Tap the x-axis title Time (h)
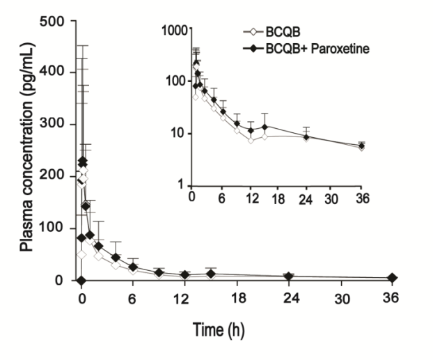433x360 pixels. coord(219,327)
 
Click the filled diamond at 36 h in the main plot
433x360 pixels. coord(392,278)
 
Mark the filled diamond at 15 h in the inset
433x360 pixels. coord(265,127)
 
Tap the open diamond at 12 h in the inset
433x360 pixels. coord(251,140)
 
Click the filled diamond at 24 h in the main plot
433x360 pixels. coord(288,276)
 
